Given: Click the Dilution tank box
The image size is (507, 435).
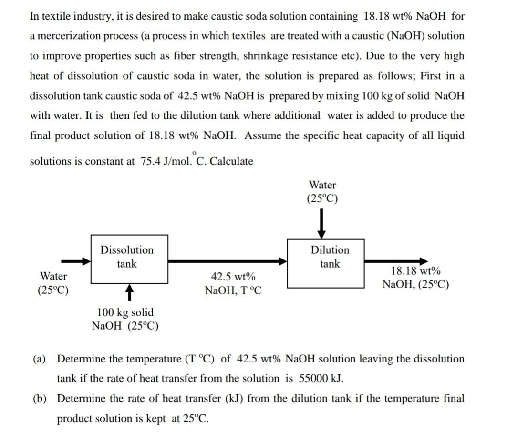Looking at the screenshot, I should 326,263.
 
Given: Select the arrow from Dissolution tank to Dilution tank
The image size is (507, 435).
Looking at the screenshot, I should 227,261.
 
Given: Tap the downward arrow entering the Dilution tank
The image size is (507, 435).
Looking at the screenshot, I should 322,223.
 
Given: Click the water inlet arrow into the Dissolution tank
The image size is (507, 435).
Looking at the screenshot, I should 76,261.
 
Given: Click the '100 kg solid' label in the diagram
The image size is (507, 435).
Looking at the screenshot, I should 125,312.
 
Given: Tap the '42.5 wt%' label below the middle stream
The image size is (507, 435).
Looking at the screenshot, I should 232,277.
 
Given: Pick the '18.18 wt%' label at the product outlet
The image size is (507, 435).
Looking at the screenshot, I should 415,271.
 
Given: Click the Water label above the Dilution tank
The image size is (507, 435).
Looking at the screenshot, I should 322,185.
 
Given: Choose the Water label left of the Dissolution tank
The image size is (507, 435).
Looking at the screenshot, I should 53,276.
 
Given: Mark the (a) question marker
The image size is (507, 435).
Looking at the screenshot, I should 39,359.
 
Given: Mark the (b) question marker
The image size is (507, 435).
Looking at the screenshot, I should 39,399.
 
